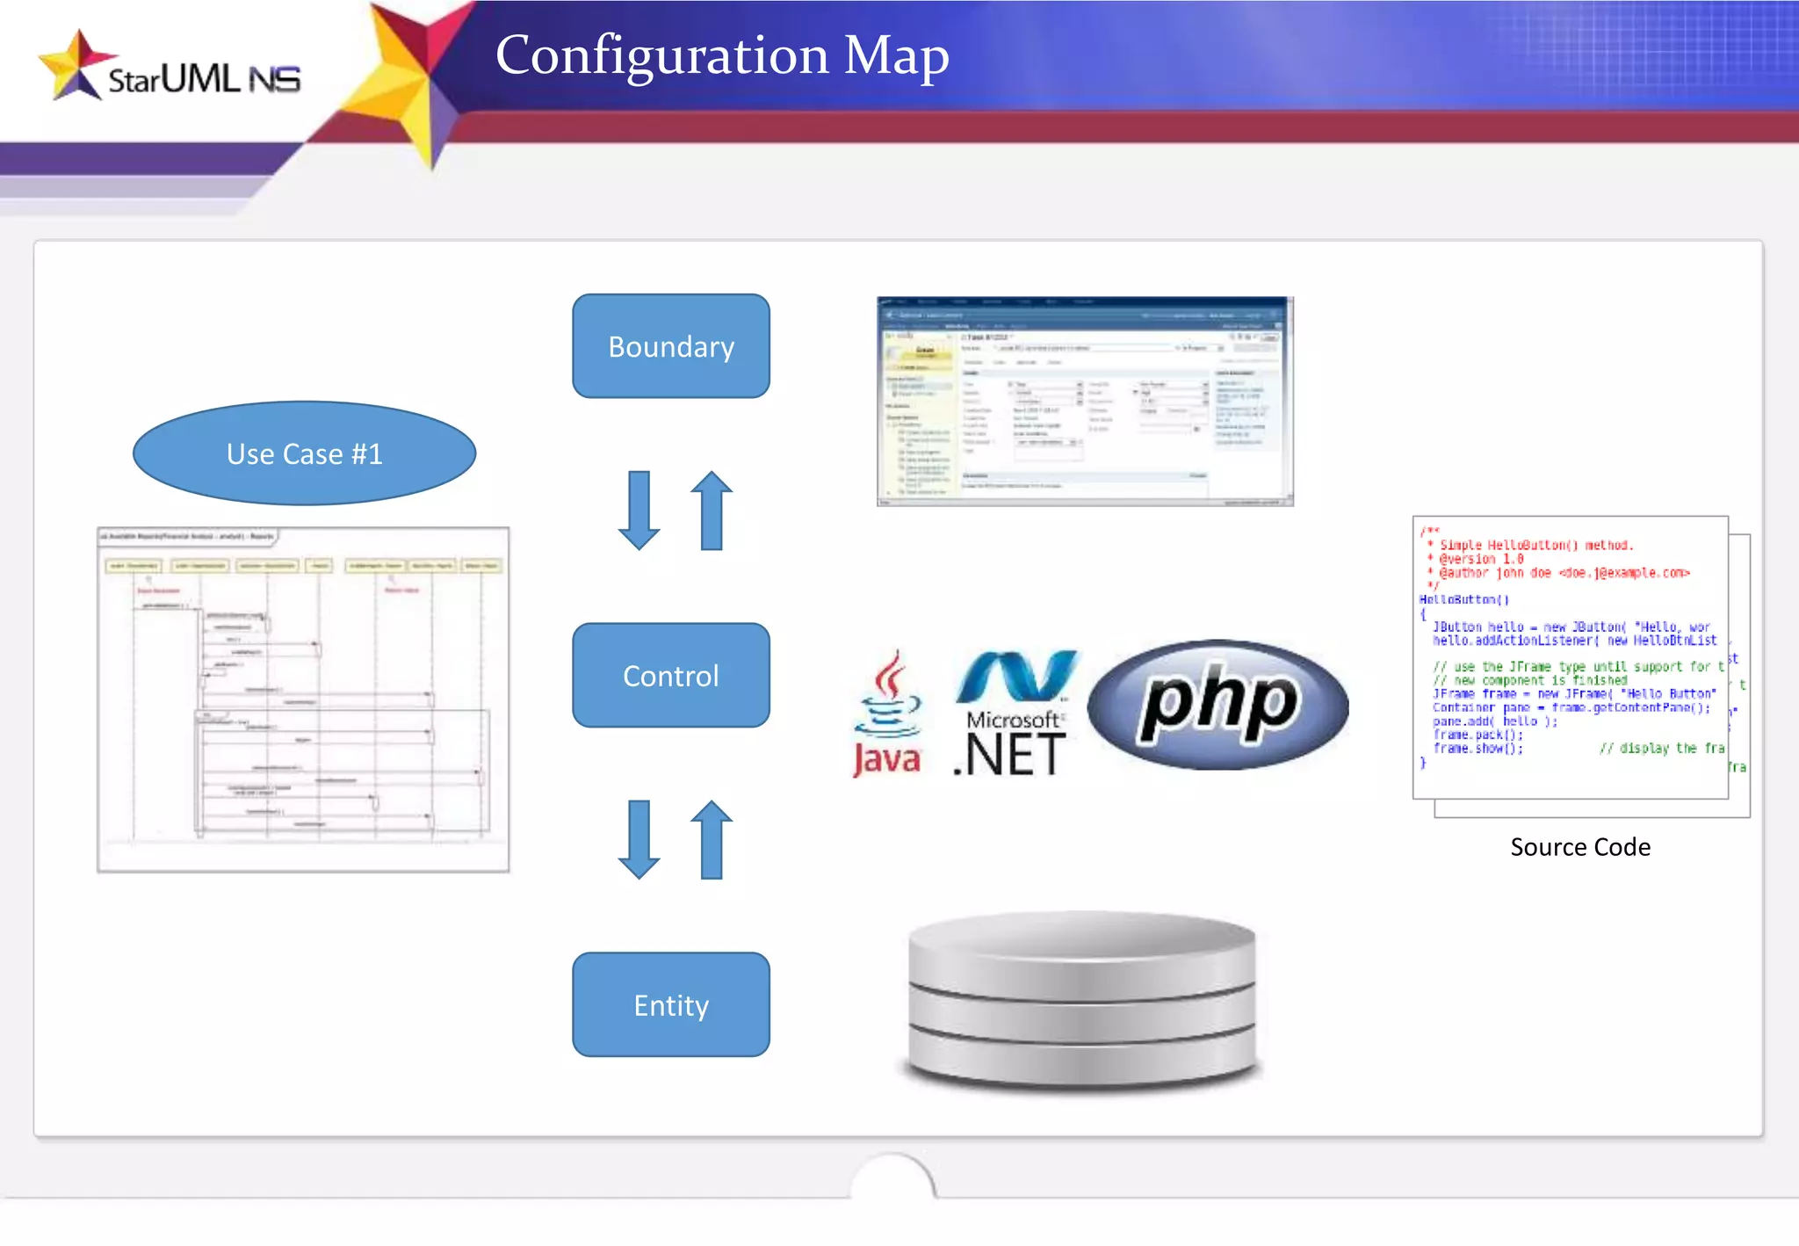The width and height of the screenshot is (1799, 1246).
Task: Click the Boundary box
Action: [671, 346]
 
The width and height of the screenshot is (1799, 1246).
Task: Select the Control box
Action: [671, 676]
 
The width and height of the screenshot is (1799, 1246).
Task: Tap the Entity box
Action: [671, 1004]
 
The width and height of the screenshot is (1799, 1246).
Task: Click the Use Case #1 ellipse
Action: [304, 453]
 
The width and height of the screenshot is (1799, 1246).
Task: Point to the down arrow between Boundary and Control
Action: [639, 511]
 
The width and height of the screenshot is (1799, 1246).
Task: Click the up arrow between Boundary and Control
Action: [712, 511]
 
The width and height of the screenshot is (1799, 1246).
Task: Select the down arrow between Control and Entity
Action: [639, 839]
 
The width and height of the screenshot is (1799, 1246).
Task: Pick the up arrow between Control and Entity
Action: [712, 839]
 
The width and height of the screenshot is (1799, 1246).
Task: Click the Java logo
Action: [887, 715]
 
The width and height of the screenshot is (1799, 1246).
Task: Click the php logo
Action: [1217, 705]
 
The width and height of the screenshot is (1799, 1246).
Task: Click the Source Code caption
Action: [1579, 847]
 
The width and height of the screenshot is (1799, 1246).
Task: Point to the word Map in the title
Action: [896, 55]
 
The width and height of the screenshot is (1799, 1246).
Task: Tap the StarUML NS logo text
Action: [204, 80]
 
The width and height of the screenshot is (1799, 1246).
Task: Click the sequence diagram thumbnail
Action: [303, 699]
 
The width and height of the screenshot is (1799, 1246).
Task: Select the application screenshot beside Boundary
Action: [1085, 402]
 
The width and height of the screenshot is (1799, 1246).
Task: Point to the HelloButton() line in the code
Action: [1463, 600]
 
